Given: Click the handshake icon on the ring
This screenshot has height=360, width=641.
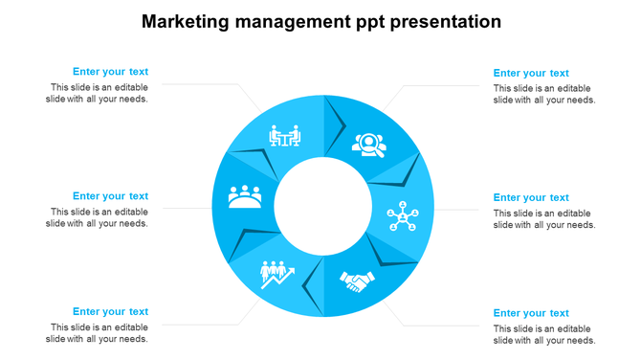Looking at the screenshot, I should tap(358, 281).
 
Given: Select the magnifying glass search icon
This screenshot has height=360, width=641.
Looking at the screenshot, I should tap(367, 144).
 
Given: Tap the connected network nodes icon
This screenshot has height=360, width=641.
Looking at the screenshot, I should tap(404, 214).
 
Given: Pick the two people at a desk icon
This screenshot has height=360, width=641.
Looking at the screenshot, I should tap(284, 137).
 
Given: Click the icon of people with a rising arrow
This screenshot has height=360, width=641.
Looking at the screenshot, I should tap(277, 275).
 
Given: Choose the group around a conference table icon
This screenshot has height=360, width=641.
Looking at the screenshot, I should tap(245, 196).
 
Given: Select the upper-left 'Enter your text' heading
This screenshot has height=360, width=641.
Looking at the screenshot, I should tap(110, 72).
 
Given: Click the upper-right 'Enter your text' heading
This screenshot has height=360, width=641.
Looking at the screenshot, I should tap(531, 73).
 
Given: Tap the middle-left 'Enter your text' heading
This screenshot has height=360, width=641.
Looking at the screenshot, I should tap(110, 196).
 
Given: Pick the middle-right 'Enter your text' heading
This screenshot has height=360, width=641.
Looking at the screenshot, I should tap(531, 198).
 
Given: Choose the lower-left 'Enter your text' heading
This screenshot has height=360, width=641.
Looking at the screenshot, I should tap(110, 311).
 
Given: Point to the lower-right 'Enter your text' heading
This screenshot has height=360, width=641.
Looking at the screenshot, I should tap(531, 313).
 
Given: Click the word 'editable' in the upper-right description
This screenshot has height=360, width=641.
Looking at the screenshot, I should tap(576, 88).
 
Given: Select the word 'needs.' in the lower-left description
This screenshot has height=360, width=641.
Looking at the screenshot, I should tap(133, 339).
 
